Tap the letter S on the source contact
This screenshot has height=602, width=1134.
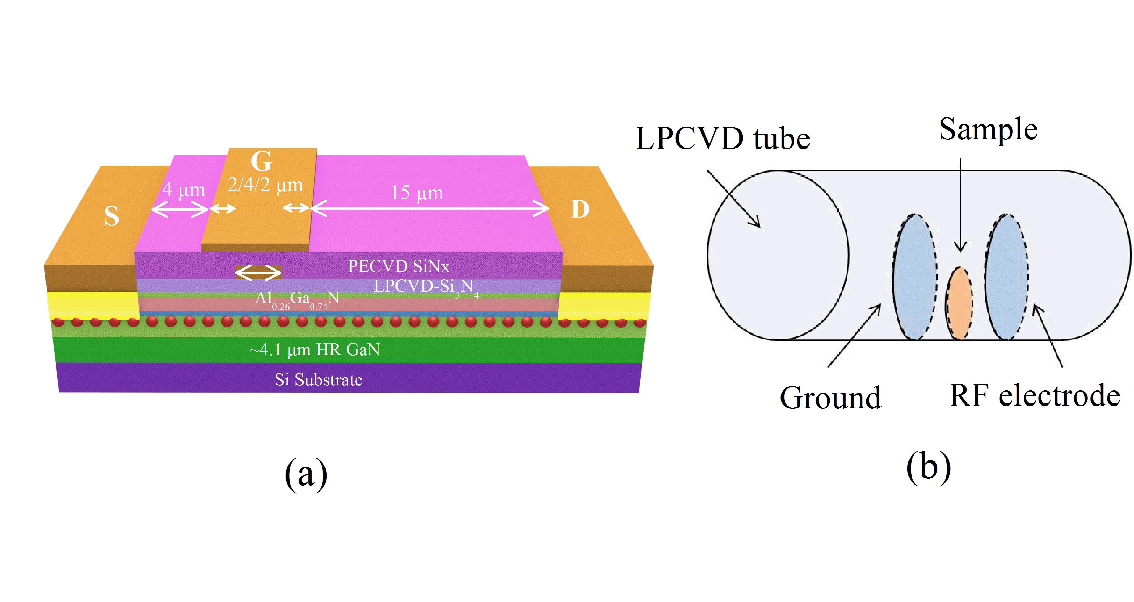tap(112, 216)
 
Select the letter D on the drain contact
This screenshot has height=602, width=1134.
tap(580, 209)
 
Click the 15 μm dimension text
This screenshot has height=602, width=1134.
tap(417, 193)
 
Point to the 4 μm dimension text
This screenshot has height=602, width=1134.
tap(184, 190)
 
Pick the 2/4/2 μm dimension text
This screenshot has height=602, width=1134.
tap(265, 185)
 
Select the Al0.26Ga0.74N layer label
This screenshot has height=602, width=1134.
tap(298, 299)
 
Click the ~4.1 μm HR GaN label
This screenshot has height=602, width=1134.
tap(314, 350)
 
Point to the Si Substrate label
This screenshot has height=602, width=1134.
tap(318, 379)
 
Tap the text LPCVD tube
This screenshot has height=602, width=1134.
tap(722, 139)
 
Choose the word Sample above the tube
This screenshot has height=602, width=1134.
tap(988, 129)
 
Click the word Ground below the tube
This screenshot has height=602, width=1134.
tap(830, 398)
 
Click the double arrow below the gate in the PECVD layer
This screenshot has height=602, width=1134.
tap(258, 273)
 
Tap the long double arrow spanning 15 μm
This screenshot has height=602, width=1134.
tap(430, 208)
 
